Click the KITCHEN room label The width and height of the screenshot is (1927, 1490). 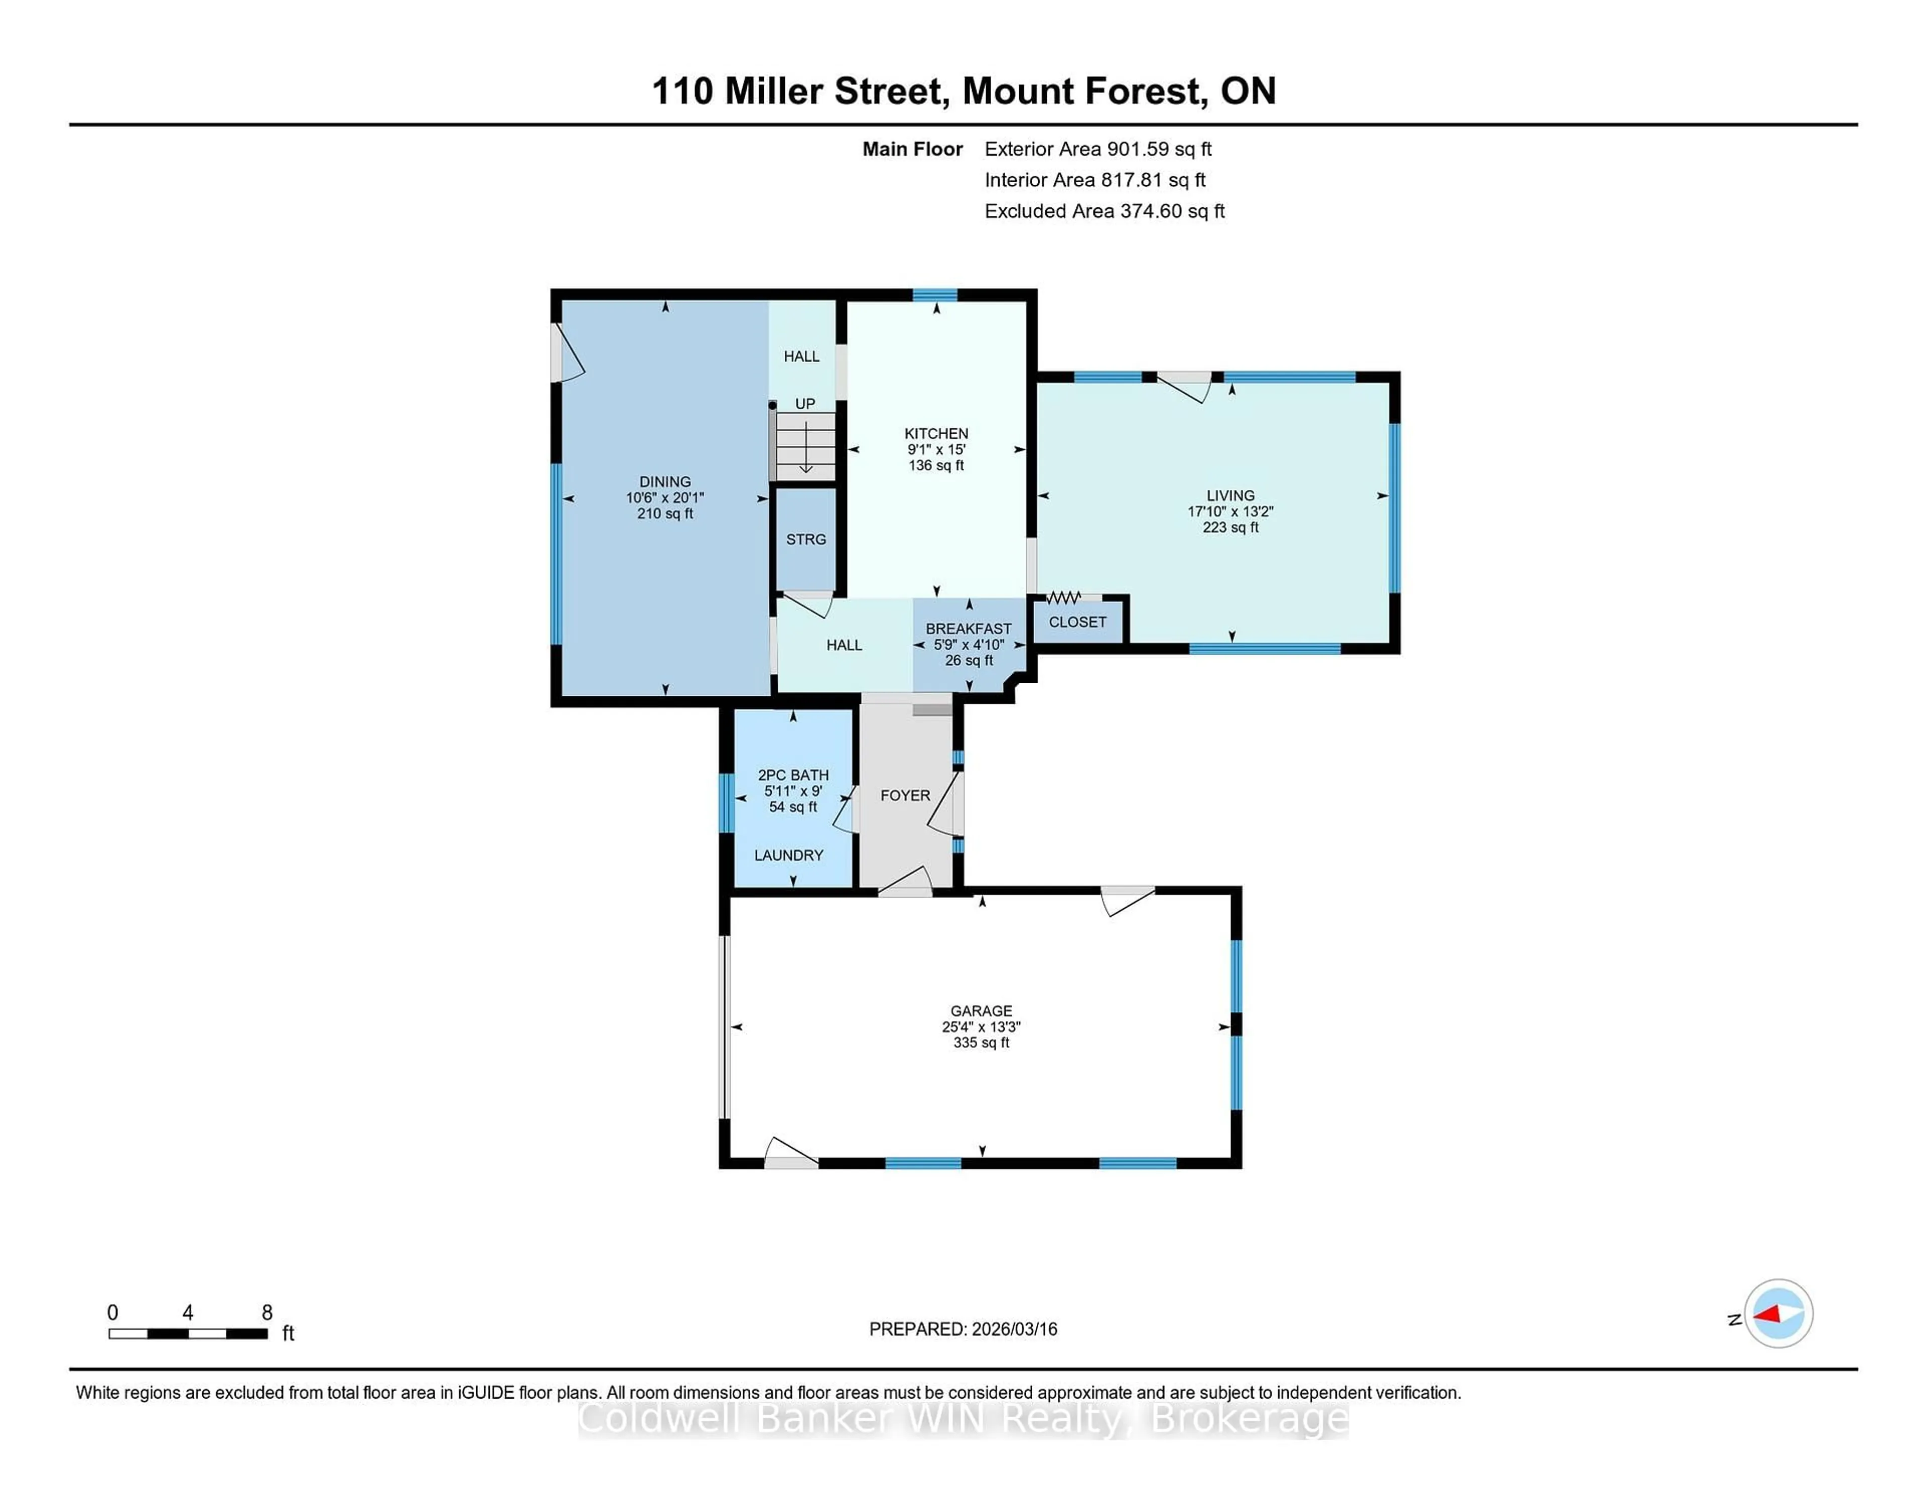936,433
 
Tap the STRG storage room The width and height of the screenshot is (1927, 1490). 805,539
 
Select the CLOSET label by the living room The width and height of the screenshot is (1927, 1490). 1077,623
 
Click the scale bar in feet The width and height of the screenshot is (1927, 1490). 188,1333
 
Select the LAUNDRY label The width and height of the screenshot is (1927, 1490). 789,855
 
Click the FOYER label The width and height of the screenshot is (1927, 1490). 905,795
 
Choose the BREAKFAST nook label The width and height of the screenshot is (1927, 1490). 968,629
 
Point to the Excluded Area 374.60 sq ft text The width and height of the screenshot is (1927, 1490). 1104,211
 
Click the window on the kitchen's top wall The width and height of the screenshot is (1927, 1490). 935,295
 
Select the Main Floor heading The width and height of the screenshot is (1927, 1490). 912,149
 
